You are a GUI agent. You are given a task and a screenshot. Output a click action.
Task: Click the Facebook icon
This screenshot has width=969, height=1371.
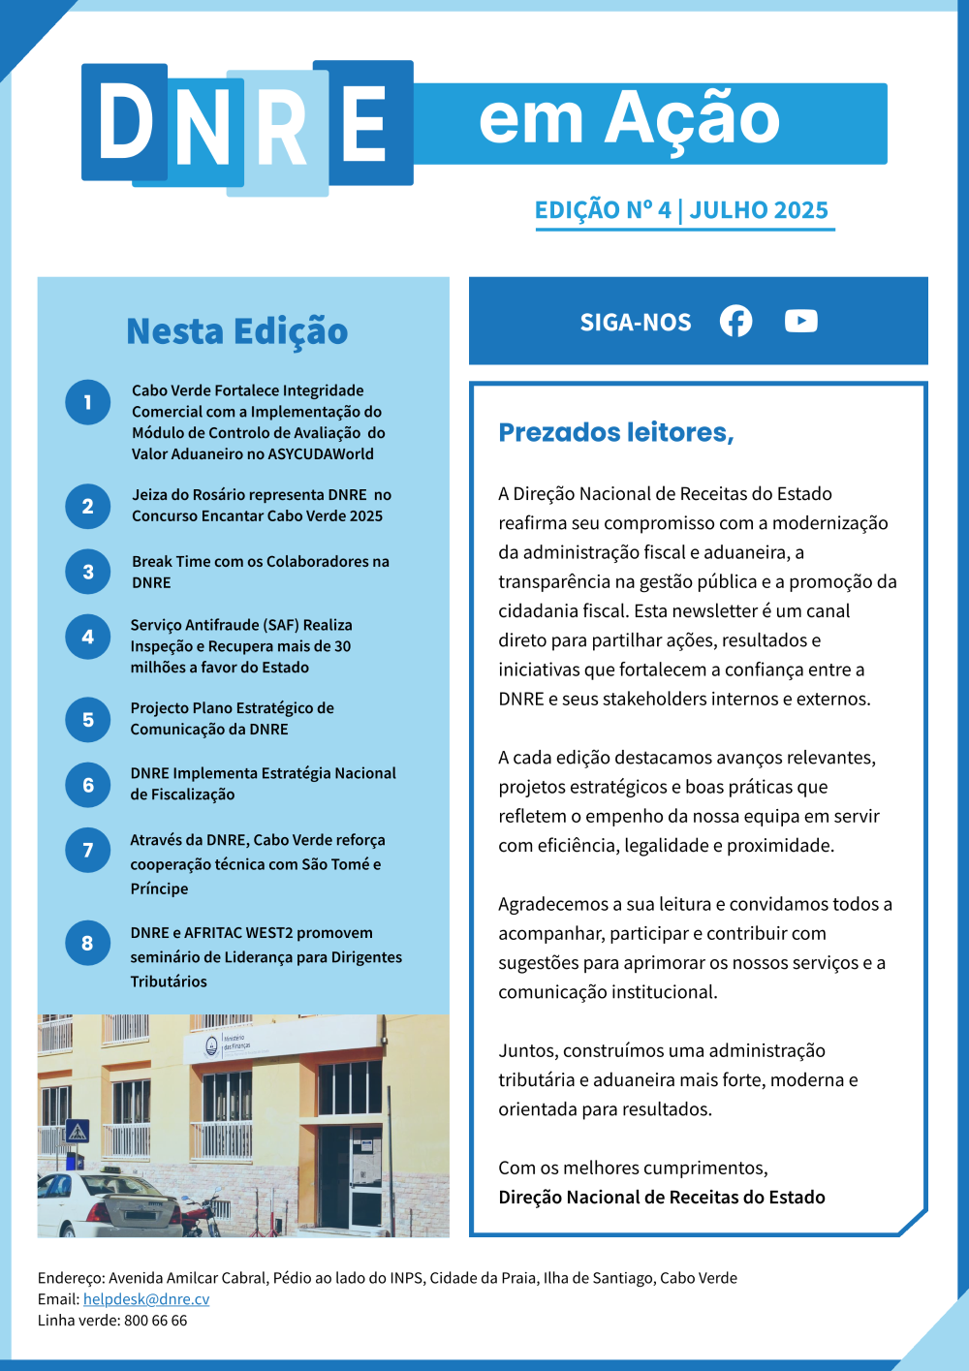(735, 321)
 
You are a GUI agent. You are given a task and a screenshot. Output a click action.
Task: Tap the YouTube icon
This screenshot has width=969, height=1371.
(801, 321)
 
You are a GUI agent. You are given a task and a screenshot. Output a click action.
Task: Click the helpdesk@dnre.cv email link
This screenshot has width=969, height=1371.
(146, 1299)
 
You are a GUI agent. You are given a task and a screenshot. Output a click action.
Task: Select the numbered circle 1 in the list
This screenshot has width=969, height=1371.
(88, 402)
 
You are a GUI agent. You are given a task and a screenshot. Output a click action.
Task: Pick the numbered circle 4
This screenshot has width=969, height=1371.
(88, 638)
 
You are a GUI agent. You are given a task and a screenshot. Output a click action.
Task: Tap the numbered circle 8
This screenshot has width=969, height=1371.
(88, 943)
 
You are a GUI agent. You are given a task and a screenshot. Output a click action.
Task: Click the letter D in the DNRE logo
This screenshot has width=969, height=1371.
(125, 122)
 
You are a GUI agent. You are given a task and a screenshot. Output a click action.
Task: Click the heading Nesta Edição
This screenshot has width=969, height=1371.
(237, 331)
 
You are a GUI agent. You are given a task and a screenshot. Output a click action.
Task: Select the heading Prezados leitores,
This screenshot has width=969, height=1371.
(616, 432)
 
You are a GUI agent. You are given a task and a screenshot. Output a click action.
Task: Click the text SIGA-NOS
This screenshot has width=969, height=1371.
(636, 323)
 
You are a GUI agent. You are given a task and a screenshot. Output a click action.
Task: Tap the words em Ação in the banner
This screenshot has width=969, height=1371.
(630, 120)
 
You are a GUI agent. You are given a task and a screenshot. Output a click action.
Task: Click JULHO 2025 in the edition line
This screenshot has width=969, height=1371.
(759, 210)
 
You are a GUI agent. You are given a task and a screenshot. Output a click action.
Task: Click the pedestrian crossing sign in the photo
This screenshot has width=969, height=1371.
(77, 1131)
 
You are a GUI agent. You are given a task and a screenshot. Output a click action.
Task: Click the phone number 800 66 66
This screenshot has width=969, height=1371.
(155, 1321)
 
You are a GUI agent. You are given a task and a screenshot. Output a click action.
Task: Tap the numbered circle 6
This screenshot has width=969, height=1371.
(88, 785)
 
